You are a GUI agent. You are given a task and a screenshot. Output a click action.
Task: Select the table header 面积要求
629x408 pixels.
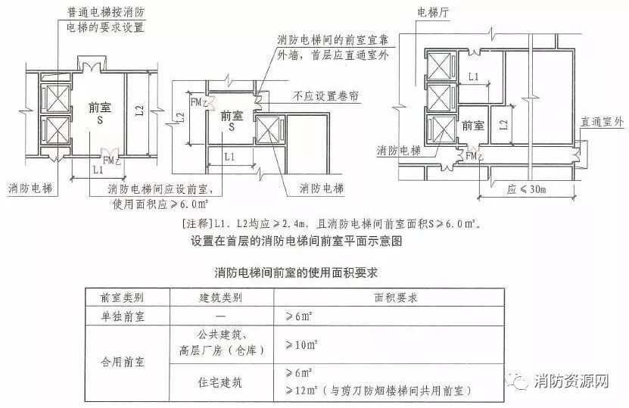click(x=391, y=298)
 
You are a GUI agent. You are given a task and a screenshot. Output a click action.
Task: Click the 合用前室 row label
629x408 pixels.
click(x=125, y=363)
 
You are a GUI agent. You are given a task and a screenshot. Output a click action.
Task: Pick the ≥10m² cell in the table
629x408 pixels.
click(x=300, y=345)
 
